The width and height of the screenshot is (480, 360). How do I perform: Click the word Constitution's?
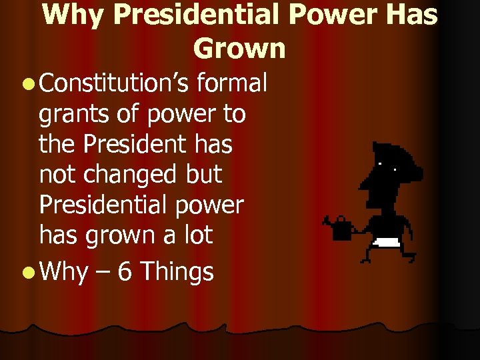click(x=117, y=85)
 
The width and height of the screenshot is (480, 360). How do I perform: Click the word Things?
click(x=177, y=271)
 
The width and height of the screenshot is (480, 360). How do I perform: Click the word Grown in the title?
click(x=239, y=48)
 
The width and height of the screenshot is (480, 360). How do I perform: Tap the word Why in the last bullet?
click(x=64, y=271)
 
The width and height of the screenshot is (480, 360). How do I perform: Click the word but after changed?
click(x=205, y=175)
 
